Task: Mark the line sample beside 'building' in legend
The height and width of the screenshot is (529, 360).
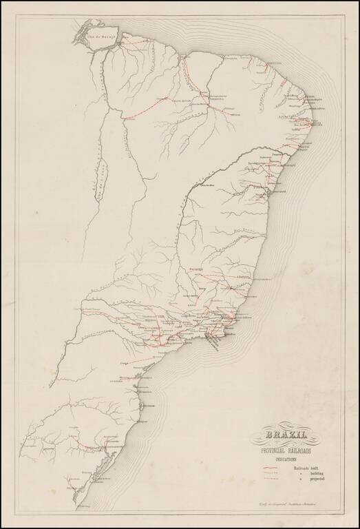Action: [x=273, y=474]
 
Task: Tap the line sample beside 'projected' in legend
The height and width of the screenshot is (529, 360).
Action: [x=273, y=480]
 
